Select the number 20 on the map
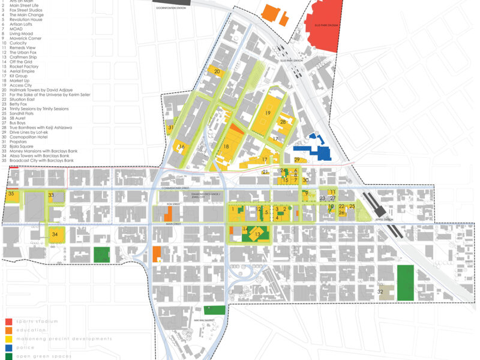tap(217, 72)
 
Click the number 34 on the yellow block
tap(55, 234)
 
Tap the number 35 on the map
tap(11, 194)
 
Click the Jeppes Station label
tap(384, 220)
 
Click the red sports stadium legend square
tap(8, 322)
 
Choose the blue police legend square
tap(8, 347)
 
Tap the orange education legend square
tap(8, 330)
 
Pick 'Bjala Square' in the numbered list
tap(21, 145)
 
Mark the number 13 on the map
tap(258, 234)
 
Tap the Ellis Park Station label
tap(289, 59)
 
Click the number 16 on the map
tap(181, 147)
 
